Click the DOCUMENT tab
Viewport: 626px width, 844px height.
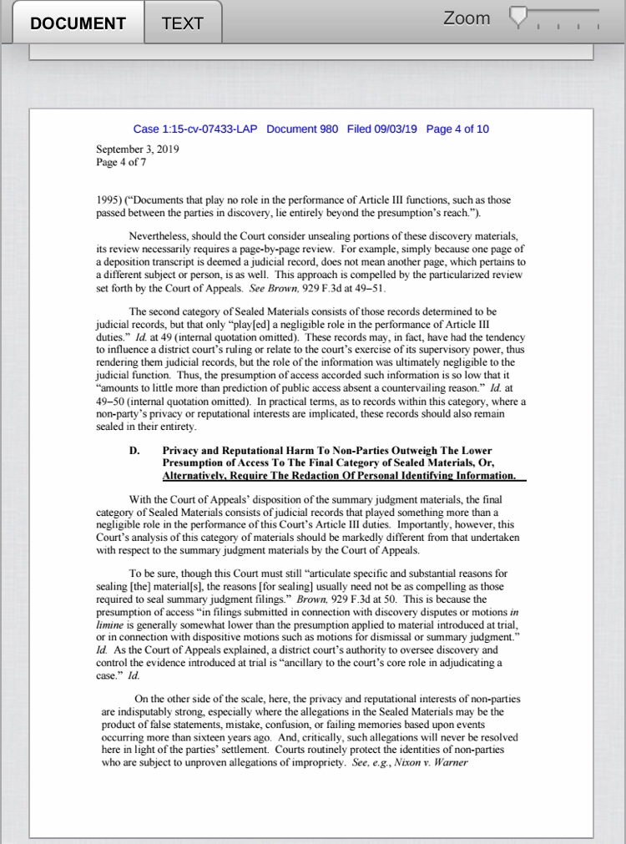click(x=78, y=23)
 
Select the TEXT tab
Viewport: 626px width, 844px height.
click(x=183, y=23)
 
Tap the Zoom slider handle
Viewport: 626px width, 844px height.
click(x=519, y=17)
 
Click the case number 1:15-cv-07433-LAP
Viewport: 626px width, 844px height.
click(x=195, y=129)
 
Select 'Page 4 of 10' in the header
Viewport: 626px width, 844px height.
click(x=457, y=129)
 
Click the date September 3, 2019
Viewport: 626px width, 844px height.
click(x=138, y=149)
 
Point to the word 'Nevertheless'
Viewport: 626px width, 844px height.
click(x=160, y=237)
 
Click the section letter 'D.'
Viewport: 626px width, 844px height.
click(x=134, y=450)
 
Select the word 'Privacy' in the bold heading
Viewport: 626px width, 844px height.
click(x=184, y=450)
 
